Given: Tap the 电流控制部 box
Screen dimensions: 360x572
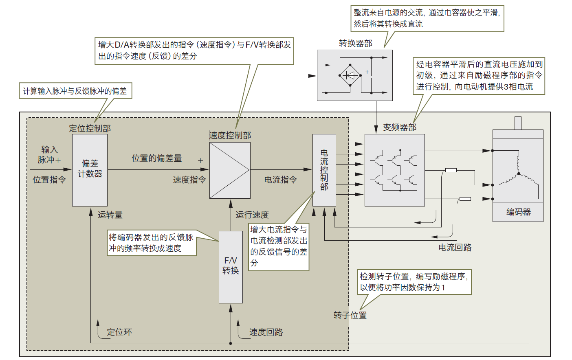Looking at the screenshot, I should coord(324,170).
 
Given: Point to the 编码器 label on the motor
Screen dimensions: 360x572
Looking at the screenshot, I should coord(518,212).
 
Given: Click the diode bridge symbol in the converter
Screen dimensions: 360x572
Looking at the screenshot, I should coord(350,75).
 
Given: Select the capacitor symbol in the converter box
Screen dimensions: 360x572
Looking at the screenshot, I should coord(371,76).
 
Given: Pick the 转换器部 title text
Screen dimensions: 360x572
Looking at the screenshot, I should coord(355,44).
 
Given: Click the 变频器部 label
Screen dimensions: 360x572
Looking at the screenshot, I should coord(400,127).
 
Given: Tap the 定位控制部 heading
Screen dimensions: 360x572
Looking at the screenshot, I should coord(90,128).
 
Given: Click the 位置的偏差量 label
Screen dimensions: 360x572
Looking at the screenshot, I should coord(156,158).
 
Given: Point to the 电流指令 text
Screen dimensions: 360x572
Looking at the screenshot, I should coord(280,180).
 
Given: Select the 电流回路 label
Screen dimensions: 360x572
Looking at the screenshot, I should coord(455,248).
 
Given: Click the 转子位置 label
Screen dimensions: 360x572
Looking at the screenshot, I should coord(350,315).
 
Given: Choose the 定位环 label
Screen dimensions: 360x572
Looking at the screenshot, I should coord(119,332).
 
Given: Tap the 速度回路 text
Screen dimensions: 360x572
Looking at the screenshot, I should coord(266,332).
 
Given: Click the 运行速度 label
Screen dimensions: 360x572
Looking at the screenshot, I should coord(252,215).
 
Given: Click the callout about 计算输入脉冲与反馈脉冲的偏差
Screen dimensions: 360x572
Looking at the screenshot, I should coord(75,91).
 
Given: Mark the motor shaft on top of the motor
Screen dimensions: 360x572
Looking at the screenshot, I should coord(518,123).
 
